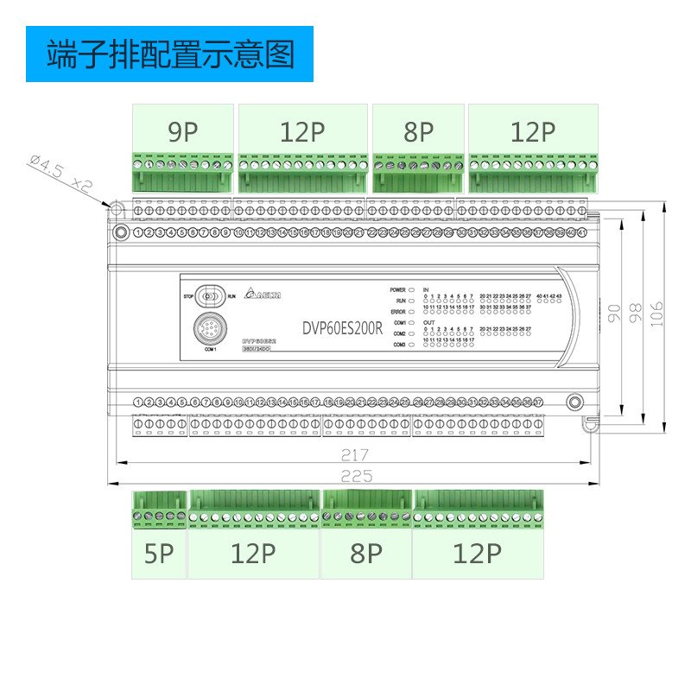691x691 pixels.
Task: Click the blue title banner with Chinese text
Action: point(168,54)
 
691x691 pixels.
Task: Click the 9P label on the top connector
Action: point(183,132)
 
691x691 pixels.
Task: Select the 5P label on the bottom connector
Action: point(159,554)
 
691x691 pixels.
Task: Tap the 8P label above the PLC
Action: point(418,132)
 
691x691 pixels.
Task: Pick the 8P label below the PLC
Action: point(366,554)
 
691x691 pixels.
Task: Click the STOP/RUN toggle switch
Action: point(207,296)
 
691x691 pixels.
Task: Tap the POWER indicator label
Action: point(397,290)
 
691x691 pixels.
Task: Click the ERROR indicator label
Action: point(397,311)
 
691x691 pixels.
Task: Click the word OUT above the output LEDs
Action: point(428,322)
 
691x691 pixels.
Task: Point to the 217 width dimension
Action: point(354,455)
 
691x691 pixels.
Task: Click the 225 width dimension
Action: point(354,476)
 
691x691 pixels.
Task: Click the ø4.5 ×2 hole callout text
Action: point(60,172)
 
